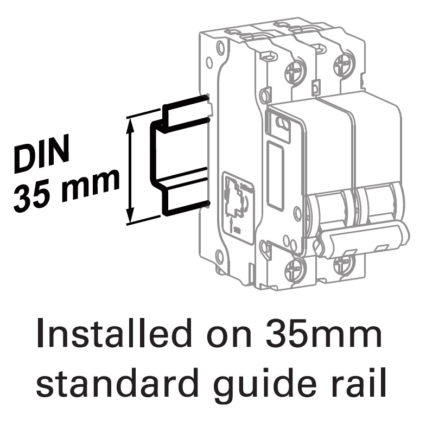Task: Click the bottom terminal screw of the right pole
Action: coord(342,265)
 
